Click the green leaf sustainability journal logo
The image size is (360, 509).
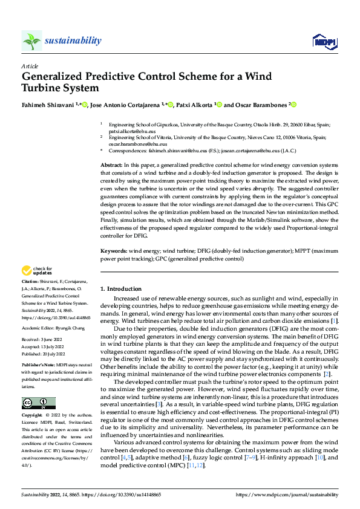31,41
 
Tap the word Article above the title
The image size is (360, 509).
30,66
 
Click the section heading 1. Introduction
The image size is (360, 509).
121,289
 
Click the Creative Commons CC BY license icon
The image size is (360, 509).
38,403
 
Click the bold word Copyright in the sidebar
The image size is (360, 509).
32,417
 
